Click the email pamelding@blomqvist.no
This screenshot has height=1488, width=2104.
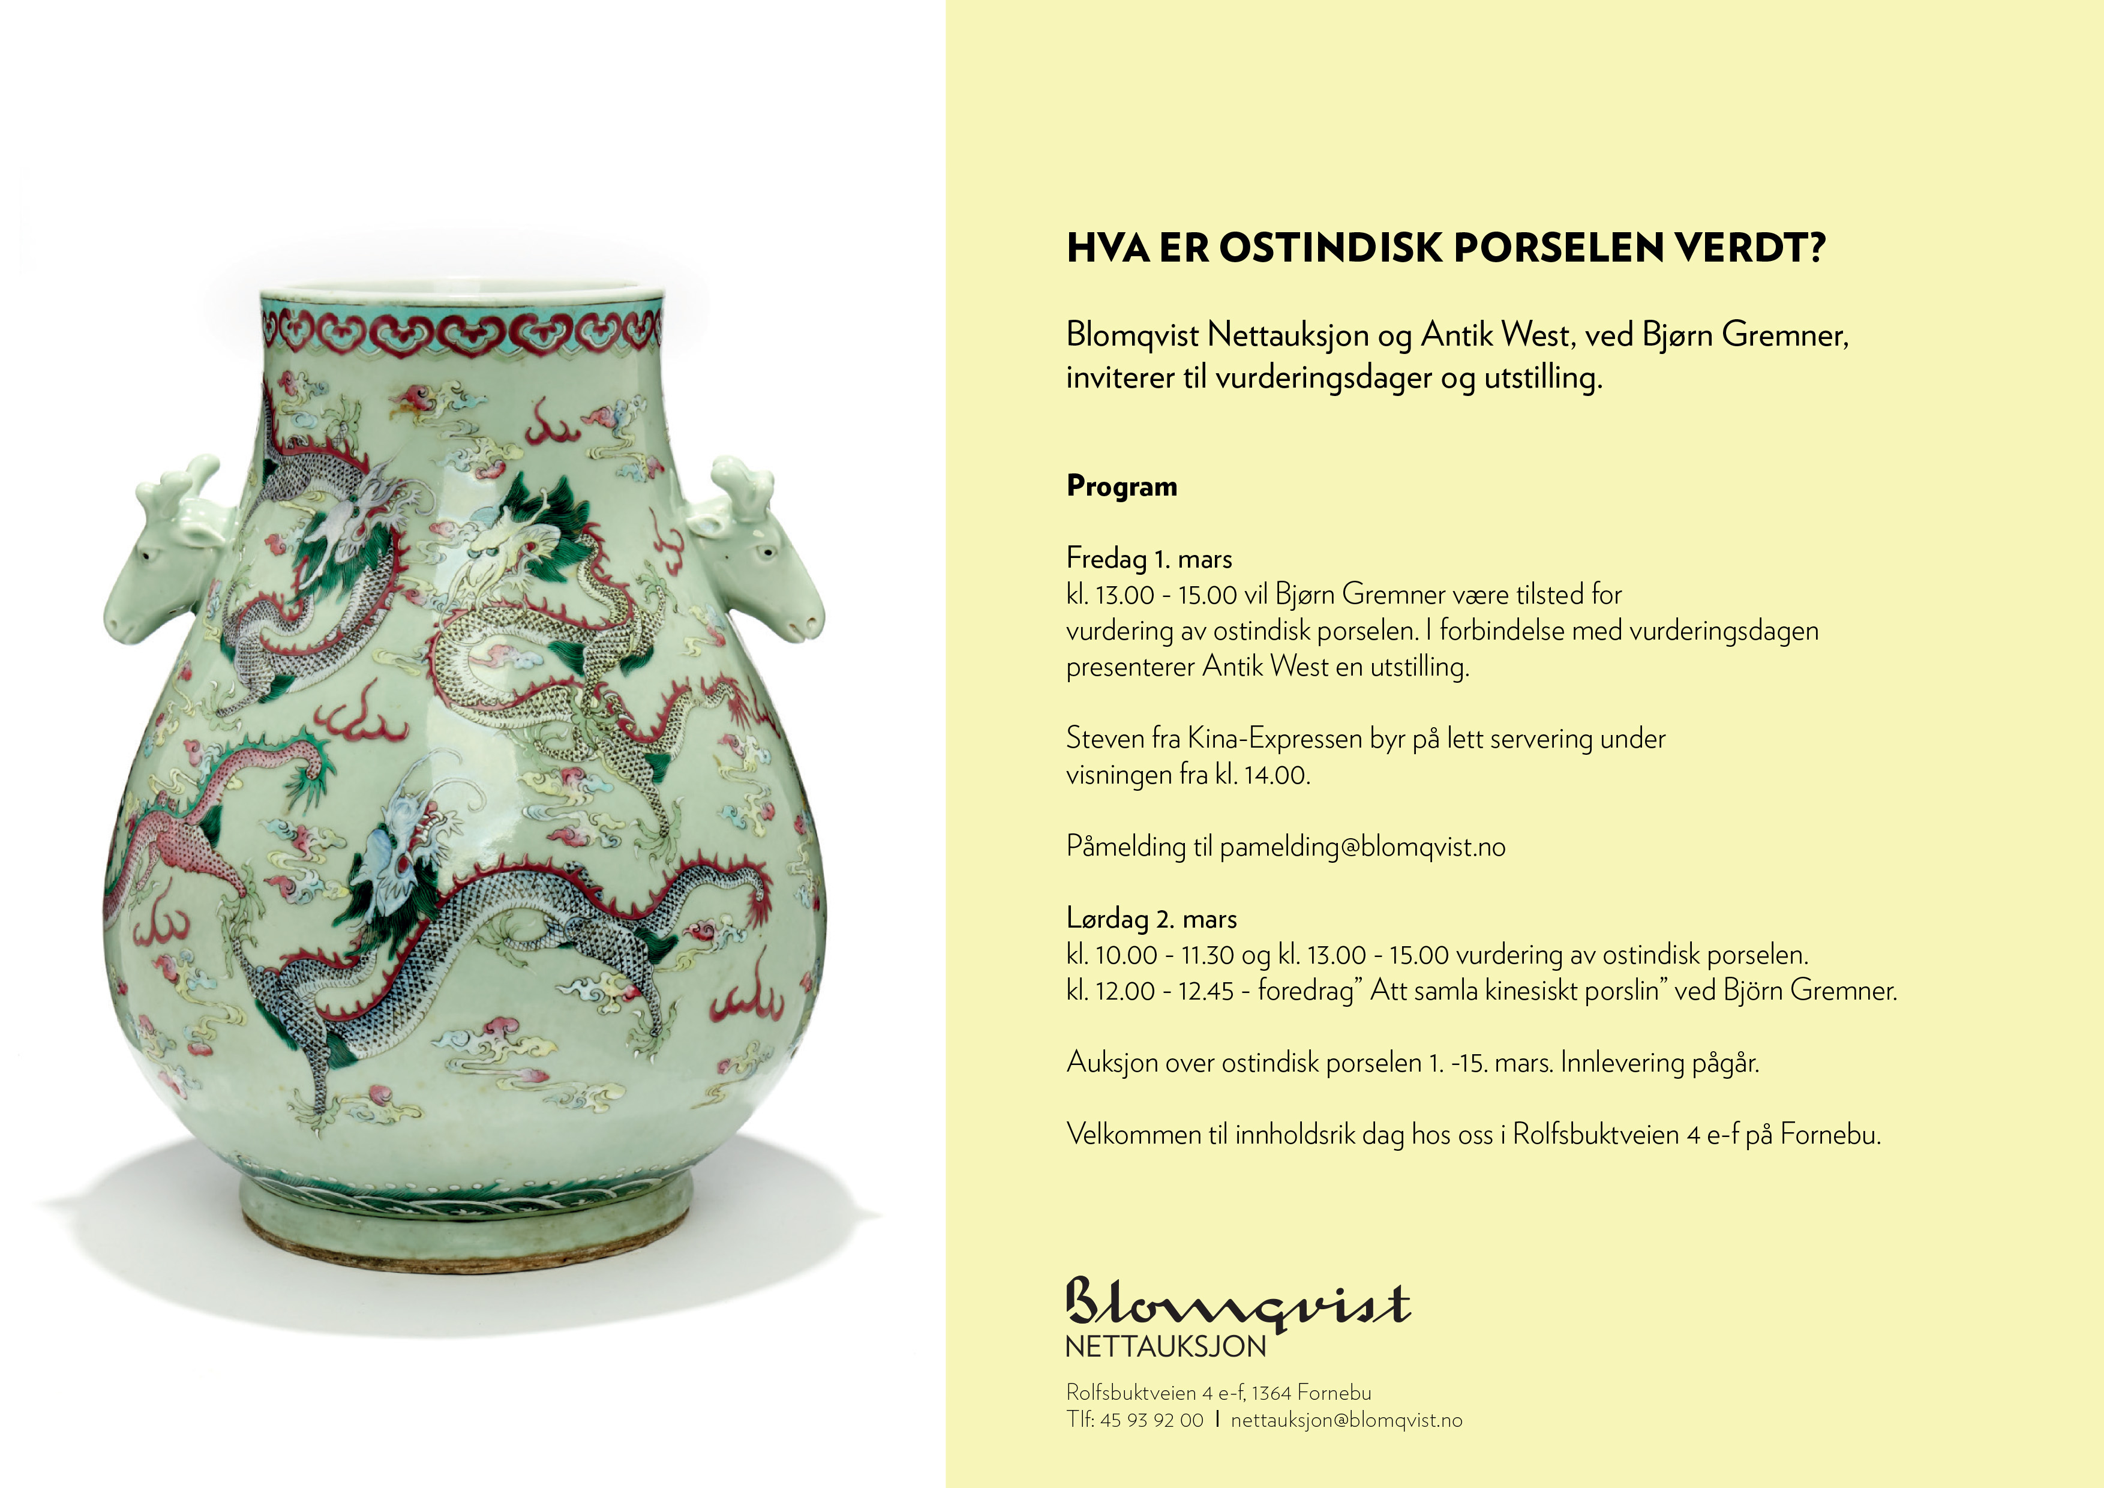point(1362,847)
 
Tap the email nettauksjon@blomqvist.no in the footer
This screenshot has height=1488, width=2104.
point(1346,1420)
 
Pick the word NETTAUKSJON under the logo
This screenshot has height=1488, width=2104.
point(1166,1347)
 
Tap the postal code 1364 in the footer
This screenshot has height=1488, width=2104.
point(1271,1393)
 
